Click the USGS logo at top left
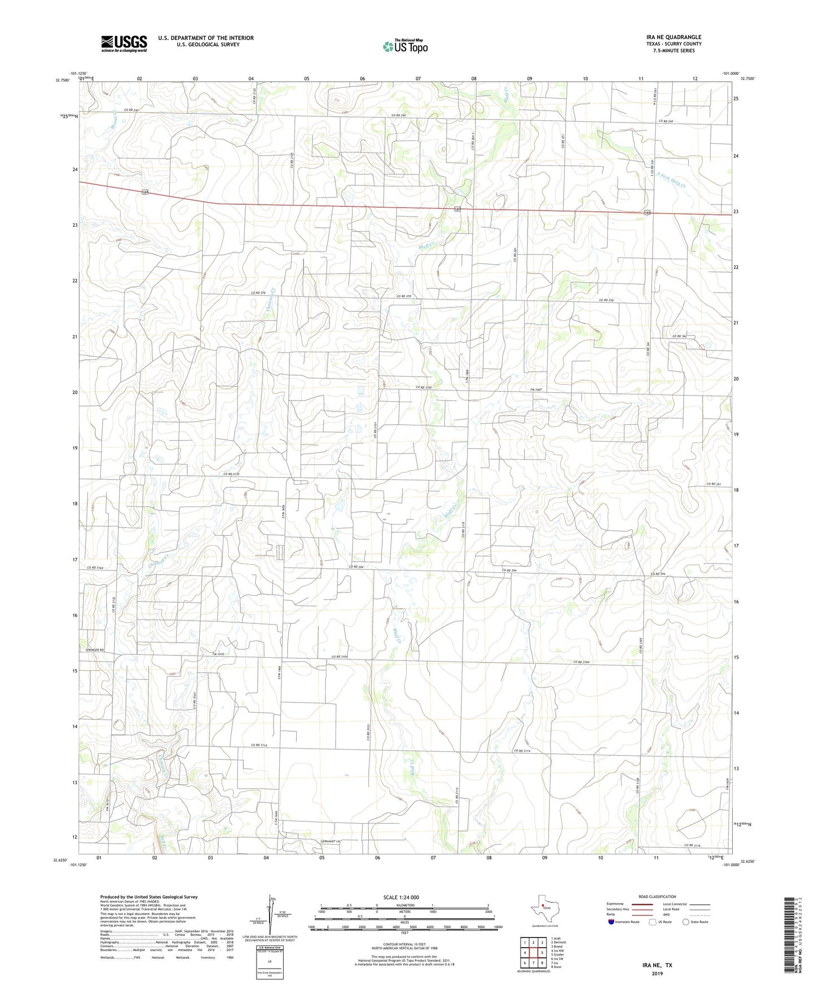124,43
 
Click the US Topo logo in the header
405,46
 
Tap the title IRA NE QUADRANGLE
673,37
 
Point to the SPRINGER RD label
95,650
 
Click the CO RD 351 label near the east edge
714,485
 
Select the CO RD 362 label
679,336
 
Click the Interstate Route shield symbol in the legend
613,922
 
